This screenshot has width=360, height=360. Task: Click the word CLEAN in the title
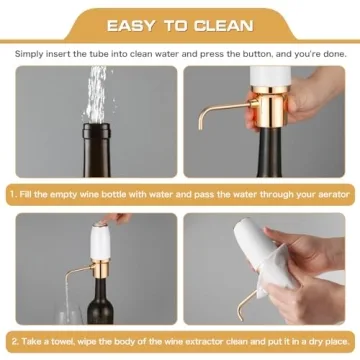click(225, 24)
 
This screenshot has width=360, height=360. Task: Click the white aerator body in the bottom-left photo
click(96, 238)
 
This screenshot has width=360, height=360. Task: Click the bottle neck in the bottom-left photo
click(98, 290)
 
